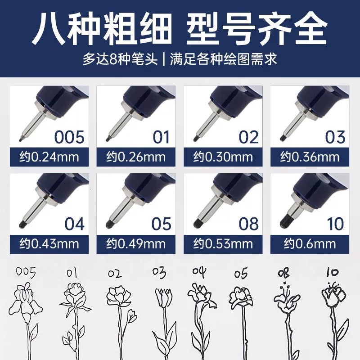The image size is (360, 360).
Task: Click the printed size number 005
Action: pyautogui.click(x=69, y=137)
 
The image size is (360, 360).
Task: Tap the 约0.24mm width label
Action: pyautogui.click(x=49, y=157)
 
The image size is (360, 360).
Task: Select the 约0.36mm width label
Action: pyautogui.click(x=310, y=157)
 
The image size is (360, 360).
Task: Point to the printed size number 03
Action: pyautogui.click(x=335, y=137)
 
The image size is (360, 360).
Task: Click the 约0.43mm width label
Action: pyautogui.click(x=49, y=244)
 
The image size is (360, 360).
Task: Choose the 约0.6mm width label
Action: pyautogui.click(x=310, y=244)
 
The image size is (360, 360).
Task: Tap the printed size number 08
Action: pyautogui.click(x=249, y=224)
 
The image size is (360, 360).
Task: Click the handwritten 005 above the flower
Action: pyautogui.click(x=26, y=273)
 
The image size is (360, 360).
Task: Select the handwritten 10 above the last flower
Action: pyautogui.click(x=333, y=272)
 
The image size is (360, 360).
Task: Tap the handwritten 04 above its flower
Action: pyautogui.click(x=199, y=272)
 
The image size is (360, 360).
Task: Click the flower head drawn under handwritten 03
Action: pyautogui.click(x=164, y=298)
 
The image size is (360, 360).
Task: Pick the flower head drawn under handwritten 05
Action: pyautogui.click(x=241, y=297)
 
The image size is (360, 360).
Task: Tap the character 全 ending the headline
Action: pyautogui.click(x=310, y=29)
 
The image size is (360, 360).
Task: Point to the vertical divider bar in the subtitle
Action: pyautogui.click(x=164, y=59)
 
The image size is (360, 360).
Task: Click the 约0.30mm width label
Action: pyautogui.click(x=223, y=157)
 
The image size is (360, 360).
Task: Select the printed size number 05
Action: pyautogui.click(x=162, y=224)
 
